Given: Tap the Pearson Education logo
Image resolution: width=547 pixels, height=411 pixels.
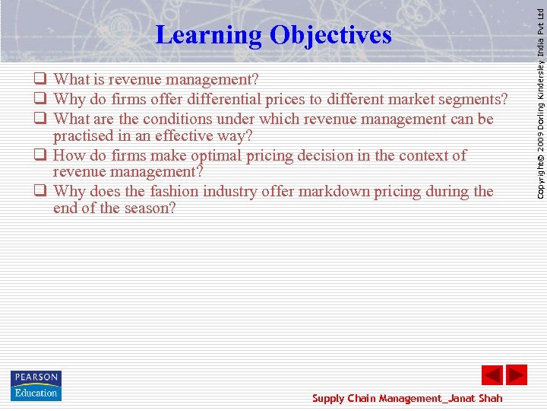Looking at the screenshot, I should pyautogui.click(x=36, y=386).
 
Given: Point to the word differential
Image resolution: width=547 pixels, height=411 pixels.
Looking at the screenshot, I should pyautogui.click(x=236, y=99).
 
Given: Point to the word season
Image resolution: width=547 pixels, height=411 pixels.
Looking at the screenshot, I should pyautogui.click(x=148, y=207).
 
